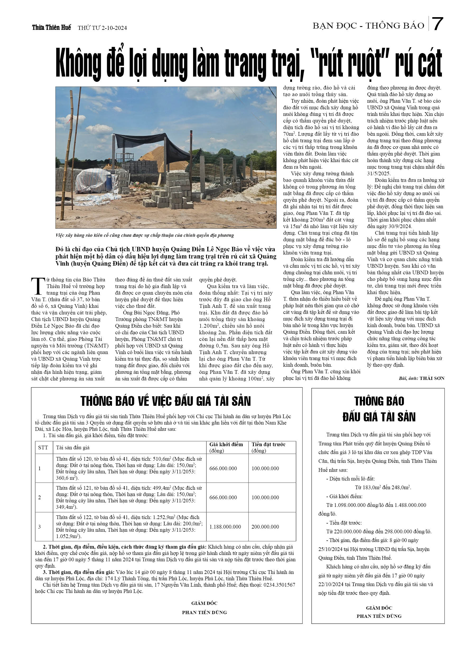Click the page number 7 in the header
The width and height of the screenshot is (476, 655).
(x=437, y=24)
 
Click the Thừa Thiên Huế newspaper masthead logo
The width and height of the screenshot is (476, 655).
(x=52, y=27)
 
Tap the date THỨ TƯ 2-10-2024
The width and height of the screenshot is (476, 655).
(x=102, y=28)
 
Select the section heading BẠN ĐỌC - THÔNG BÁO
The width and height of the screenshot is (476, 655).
(x=368, y=26)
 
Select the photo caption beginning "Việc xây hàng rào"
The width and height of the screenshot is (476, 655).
(x=144, y=235)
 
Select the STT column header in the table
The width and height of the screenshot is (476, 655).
(x=43, y=448)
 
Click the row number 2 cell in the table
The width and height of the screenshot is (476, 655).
(x=40, y=497)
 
